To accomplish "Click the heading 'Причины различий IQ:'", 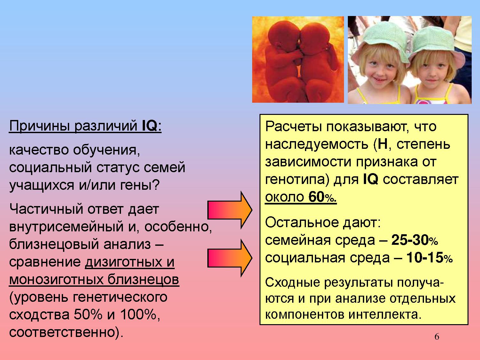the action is pyautogui.click(x=85, y=126).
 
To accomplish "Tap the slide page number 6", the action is pyautogui.click(x=437, y=337).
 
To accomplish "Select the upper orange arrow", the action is pyautogui.click(x=230, y=210).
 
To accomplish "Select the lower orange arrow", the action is pyautogui.click(x=230, y=258).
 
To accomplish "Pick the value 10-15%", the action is pyautogui.click(x=429, y=258).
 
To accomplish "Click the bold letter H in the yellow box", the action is pyautogui.click(x=383, y=144).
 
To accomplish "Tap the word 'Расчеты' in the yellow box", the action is pyautogui.click(x=293, y=127).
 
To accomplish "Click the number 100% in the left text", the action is pyautogui.click(x=138, y=315).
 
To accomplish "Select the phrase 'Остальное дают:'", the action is pyautogui.click(x=323, y=223).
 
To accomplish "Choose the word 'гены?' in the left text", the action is pyautogui.click(x=140, y=185).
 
